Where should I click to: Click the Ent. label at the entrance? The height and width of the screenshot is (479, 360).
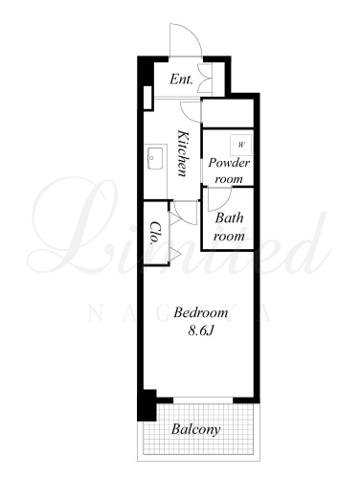181,80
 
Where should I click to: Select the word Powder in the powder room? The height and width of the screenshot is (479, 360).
229,164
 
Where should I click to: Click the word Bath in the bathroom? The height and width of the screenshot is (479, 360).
229,218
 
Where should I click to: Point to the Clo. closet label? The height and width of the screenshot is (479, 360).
155,233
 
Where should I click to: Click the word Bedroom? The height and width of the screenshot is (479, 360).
201,312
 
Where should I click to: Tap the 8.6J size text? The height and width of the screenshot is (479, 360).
200,331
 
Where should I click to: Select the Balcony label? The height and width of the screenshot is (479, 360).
195,429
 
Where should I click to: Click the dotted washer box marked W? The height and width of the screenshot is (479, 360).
241,145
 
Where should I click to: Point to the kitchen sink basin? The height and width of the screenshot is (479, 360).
155,157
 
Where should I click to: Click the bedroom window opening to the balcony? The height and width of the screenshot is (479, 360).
203,400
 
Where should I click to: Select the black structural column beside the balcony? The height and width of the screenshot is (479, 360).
146,405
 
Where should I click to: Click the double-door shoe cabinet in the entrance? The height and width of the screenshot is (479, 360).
205,79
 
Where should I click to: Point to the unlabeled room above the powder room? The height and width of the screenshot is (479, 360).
228,113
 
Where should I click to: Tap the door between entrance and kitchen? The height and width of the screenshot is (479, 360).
191,112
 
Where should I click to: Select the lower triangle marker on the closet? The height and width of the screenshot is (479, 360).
175,254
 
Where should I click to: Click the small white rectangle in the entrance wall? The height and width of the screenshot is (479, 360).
148,98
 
